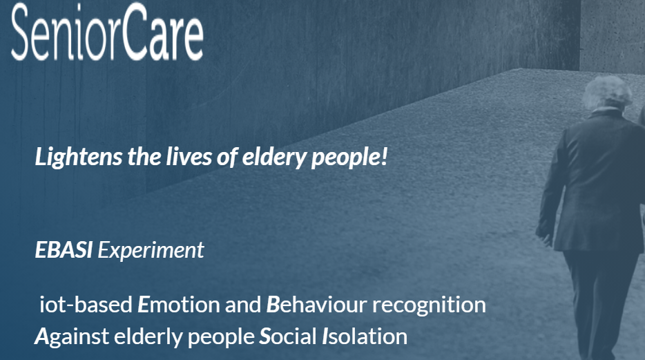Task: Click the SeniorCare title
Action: point(107,32)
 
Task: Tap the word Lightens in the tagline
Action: point(79,157)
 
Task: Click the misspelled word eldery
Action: point(274,157)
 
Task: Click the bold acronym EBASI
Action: point(64,249)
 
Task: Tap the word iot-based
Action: point(86,305)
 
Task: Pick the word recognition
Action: point(429,305)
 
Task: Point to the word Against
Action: point(72,337)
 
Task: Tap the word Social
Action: point(287,336)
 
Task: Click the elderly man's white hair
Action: point(607,91)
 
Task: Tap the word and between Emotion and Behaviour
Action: point(243,305)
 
